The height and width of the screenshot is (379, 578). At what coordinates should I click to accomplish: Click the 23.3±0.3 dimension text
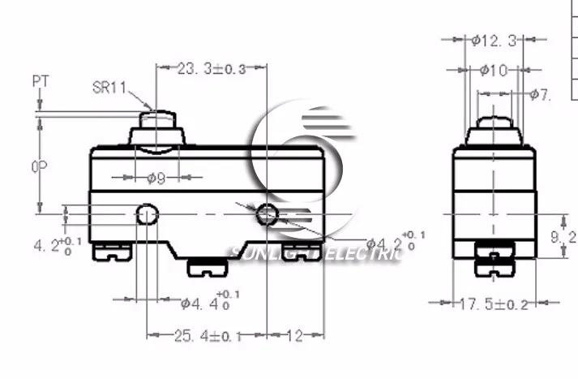click(211, 69)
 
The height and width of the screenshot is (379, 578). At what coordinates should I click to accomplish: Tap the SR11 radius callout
click(108, 88)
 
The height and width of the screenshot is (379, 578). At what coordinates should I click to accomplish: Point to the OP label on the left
click(38, 166)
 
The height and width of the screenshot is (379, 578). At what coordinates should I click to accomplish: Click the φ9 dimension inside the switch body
click(156, 179)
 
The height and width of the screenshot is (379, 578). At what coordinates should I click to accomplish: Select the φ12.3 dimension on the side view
click(492, 41)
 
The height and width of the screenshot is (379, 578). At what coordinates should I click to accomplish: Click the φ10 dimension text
click(493, 71)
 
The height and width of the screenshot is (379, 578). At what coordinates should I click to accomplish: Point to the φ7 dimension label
click(542, 95)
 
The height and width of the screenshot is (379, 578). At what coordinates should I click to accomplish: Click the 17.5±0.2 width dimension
click(495, 305)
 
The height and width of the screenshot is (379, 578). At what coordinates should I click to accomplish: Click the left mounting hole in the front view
click(146, 215)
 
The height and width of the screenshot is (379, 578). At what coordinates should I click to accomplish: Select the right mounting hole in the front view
click(267, 215)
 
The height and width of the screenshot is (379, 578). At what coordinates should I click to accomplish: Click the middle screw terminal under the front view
click(207, 265)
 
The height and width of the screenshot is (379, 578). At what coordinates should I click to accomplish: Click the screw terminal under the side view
click(494, 259)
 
